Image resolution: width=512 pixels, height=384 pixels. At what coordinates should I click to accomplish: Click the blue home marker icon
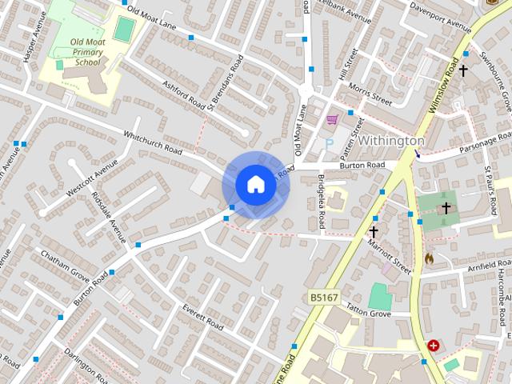click(255, 185)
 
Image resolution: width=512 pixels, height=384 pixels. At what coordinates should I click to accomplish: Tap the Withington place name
click(390, 141)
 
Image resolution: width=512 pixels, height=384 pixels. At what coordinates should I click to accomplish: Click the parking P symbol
click(328, 144)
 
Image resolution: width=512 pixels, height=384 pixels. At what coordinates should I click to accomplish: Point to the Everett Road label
click(202, 314)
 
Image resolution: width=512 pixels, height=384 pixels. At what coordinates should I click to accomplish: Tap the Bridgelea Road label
click(321, 201)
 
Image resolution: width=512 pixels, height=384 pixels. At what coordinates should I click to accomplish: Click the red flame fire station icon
click(429, 259)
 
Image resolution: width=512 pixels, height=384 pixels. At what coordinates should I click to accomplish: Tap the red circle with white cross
click(434, 346)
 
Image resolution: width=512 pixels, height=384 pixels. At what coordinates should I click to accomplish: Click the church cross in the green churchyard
click(446, 208)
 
